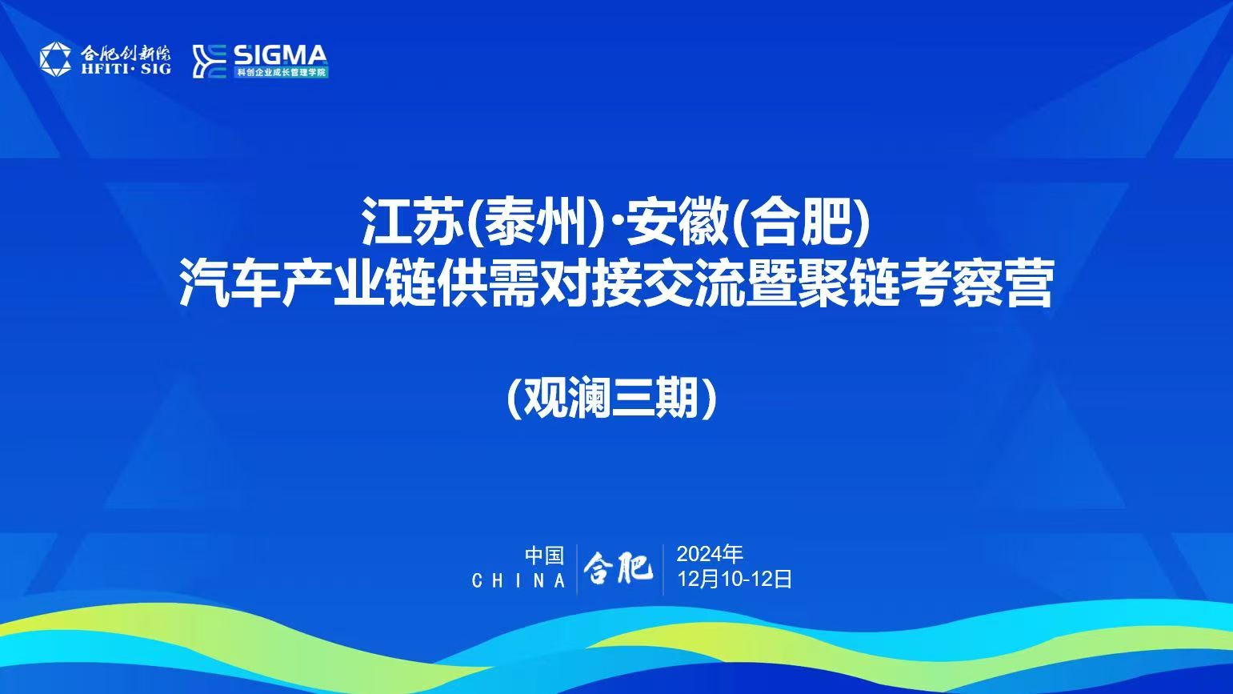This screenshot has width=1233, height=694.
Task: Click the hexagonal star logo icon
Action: tap(55, 59)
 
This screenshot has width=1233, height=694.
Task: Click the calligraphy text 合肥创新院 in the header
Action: tap(126, 54)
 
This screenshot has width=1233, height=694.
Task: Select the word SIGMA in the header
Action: tap(281, 55)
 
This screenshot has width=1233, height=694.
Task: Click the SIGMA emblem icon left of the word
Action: tap(209, 61)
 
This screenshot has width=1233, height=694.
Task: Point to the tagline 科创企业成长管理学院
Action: tap(281, 73)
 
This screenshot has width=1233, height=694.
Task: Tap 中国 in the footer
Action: tap(544, 556)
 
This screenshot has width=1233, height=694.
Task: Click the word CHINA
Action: tap(518, 580)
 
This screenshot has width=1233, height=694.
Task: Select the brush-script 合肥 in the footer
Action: tap(619, 568)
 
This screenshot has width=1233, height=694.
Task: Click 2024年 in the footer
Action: tap(710, 554)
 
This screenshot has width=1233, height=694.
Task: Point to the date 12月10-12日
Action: tap(735, 579)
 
